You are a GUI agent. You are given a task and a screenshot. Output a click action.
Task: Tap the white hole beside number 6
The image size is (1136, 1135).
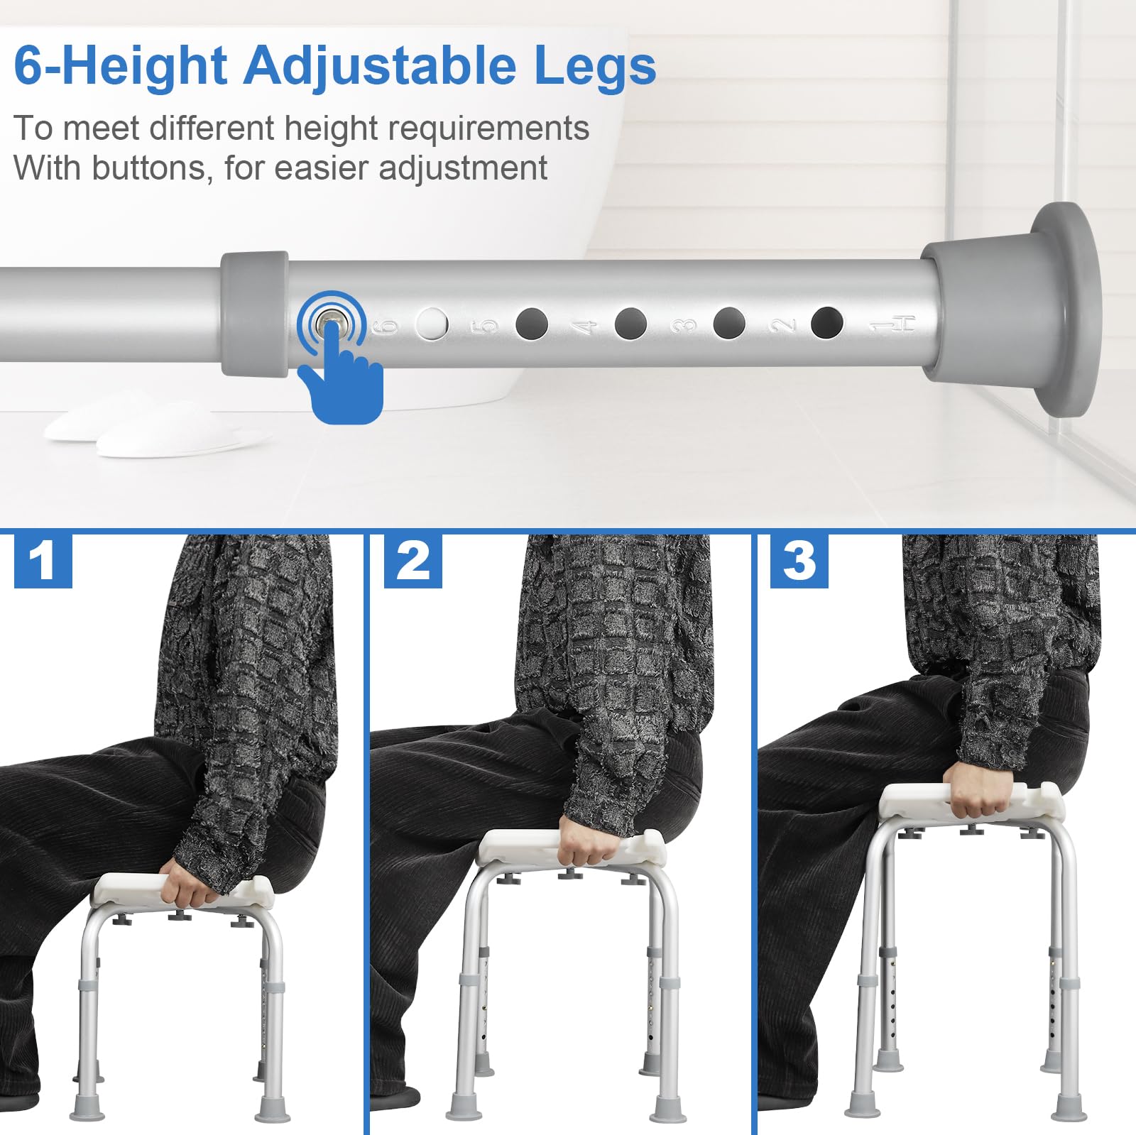click(x=432, y=324)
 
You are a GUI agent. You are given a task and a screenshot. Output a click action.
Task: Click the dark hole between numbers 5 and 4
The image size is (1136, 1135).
click(x=532, y=324)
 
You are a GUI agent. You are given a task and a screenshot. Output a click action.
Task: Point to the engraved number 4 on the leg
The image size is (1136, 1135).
click(x=581, y=327)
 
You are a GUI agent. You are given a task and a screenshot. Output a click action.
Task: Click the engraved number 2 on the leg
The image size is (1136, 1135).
click(x=782, y=325)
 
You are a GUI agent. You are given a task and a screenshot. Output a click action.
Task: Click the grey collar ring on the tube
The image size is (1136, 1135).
click(x=254, y=313)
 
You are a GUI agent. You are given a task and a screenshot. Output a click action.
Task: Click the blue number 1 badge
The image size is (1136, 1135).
click(x=43, y=560)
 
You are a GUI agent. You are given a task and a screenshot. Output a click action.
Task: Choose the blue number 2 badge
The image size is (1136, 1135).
click(x=413, y=560)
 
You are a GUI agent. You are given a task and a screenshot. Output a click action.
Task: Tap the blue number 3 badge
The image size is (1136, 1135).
click(x=799, y=560)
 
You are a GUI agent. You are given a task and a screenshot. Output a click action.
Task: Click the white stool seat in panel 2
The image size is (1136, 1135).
click(x=572, y=848)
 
